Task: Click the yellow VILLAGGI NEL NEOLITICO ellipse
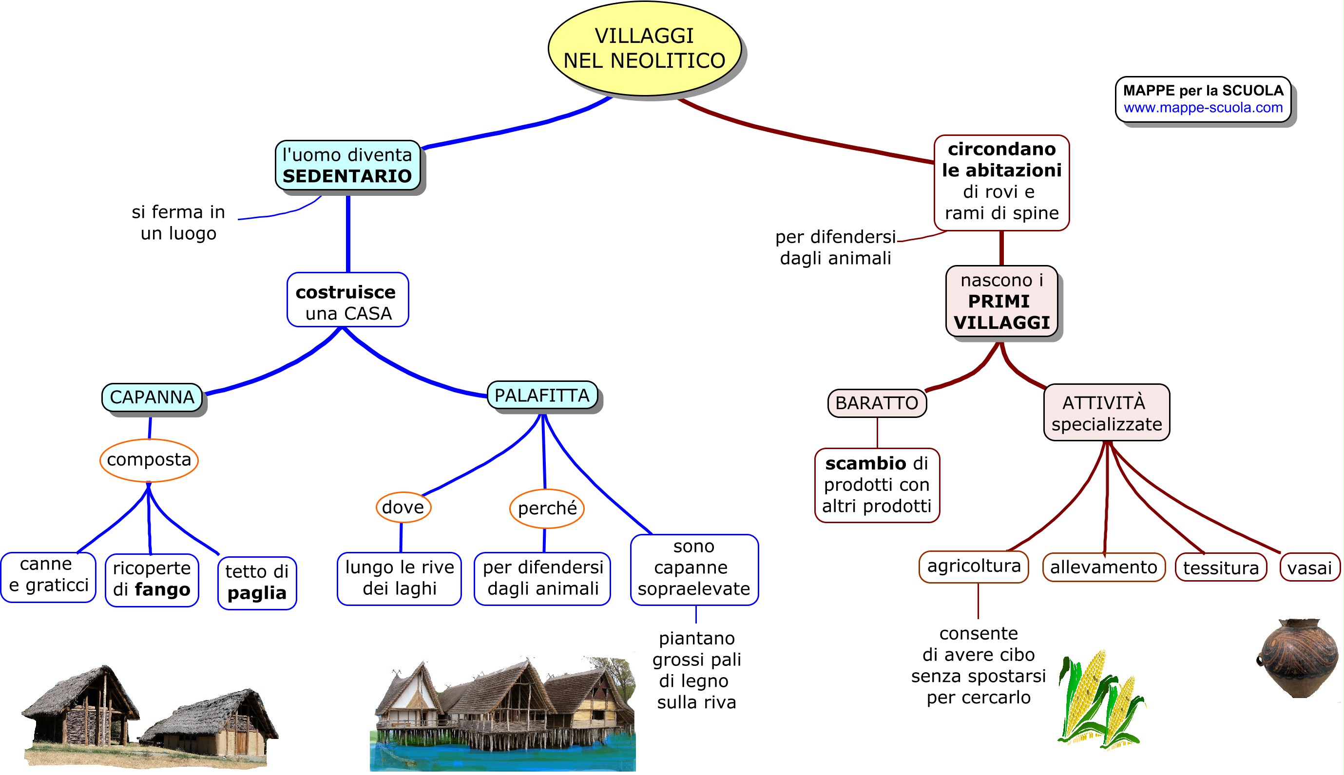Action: pyautogui.click(x=644, y=48)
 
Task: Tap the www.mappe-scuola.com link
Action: pyautogui.click(x=1203, y=108)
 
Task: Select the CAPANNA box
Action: pyautogui.click(x=152, y=397)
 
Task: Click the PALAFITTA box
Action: pyautogui.click(x=541, y=396)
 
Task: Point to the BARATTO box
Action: pyautogui.click(x=877, y=403)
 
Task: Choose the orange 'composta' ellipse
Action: pyautogui.click(x=149, y=460)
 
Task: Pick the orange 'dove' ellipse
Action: pyautogui.click(x=403, y=507)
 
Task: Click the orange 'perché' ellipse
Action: pyautogui.click(x=547, y=509)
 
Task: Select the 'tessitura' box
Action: pyautogui.click(x=1220, y=568)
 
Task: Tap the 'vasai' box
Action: pyautogui.click(x=1309, y=568)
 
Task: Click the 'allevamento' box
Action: pyautogui.click(x=1103, y=567)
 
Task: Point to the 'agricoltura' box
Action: pyautogui.click(x=973, y=566)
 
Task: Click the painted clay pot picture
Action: pyautogui.click(x=1298, y=658)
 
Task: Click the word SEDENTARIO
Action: pyautogui.click(x=347, y=176)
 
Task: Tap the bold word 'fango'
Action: pyautogui.click(x=162, y=590)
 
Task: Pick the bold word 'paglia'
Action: pyautogui.click(x=257, y=593)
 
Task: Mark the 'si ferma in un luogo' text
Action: pyautogui.click(x=178, y=223)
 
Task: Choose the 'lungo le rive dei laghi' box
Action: pyautogui.click(x=400, y=578)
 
